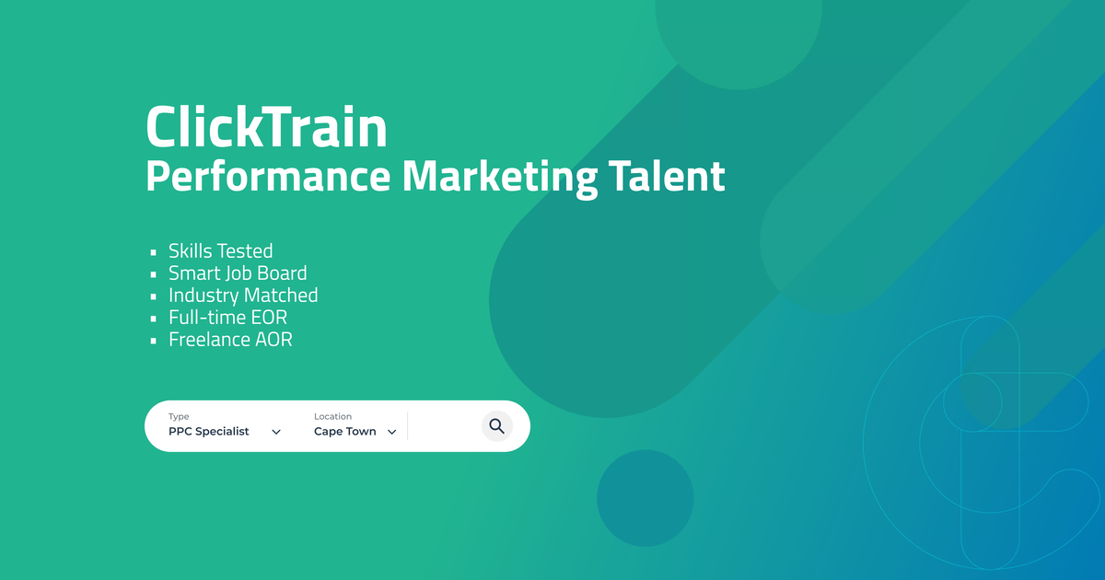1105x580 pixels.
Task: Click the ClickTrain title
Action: tap(266, 128)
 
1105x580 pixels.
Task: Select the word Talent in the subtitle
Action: tap(666, 175)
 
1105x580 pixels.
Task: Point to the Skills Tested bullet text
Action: tap(220, 251)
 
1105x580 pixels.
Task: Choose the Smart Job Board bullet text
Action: tap(238, 273)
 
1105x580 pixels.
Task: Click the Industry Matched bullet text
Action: tap(243, 296)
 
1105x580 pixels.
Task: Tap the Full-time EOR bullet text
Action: tap(227, 318)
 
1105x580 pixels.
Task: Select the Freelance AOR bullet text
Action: tap(230, 340)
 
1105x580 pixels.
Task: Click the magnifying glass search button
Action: tap(497, 426)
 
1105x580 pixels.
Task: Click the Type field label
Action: tap(179, 417)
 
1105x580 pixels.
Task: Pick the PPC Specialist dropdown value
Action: tap(209, 432)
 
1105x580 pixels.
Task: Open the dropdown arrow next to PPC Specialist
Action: tap(276, 432)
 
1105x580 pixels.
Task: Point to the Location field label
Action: tap(332, 417)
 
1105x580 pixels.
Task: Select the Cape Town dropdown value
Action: tap(345, 432)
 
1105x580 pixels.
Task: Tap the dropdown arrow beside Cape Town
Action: tap(391, 432)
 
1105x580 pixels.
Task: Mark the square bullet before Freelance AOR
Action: tap(155, 341)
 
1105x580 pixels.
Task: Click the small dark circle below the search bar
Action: tap(645, 498)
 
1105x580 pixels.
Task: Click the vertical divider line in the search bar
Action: tap(407, 427)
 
